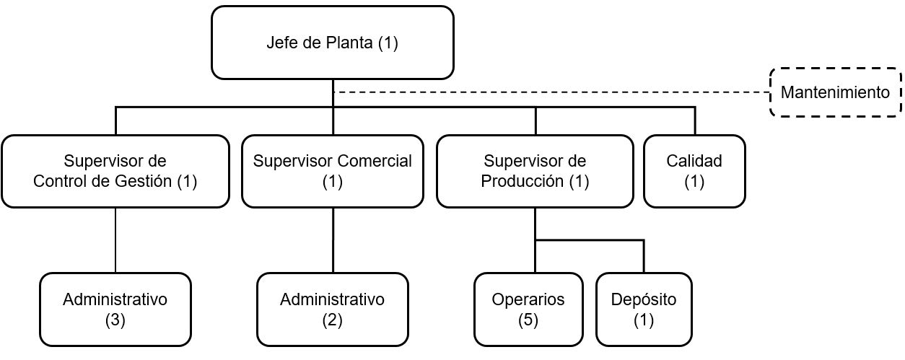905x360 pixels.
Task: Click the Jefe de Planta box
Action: coord(333,43)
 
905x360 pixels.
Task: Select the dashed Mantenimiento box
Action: coord(836,92)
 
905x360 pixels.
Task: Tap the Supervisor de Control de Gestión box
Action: coord(115,171)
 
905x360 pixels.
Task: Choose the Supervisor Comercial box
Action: coord(333,171)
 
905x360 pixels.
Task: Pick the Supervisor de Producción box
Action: coord(535,171)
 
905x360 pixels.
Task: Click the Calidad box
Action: coord(694,171)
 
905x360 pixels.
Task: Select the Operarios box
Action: coord(528,309)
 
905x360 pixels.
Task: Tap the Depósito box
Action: coord(644,309)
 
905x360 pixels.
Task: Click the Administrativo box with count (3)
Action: coord(115,309)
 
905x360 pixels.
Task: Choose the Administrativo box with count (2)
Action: coord(333,309)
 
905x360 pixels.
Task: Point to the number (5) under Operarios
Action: coord(528,320)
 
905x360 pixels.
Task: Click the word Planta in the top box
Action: coord(349,43)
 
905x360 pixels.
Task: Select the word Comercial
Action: coord(374,161)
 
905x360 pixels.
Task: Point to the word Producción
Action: coord(522,181)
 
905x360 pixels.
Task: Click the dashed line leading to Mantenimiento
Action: coord(551,92)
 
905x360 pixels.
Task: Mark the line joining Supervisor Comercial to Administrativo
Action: coord(333,240)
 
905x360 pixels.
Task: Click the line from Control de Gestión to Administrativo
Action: coord(115,240)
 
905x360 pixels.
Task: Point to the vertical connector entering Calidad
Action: coord(695,120)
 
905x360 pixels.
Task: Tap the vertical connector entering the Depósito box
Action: coord(644,257)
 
